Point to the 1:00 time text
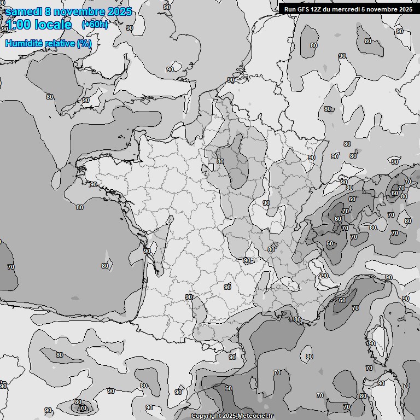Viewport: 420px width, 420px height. tap(17, 25)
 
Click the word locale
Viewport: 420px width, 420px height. tap(53, 25)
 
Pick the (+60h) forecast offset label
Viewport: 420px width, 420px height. tap(95, 25)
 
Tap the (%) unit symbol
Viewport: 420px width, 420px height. tap(84, 43)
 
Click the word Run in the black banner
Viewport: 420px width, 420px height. tap(290, 9)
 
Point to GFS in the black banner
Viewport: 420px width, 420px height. tap(303, 9)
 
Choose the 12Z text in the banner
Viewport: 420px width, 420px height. tap(317, 9)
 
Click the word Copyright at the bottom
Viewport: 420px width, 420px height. tap(206, 416)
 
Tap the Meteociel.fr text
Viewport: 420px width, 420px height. tap(257, 416)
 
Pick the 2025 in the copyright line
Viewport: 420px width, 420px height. tap(229, 416)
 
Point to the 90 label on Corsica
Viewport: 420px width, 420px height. tap(372, 343)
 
